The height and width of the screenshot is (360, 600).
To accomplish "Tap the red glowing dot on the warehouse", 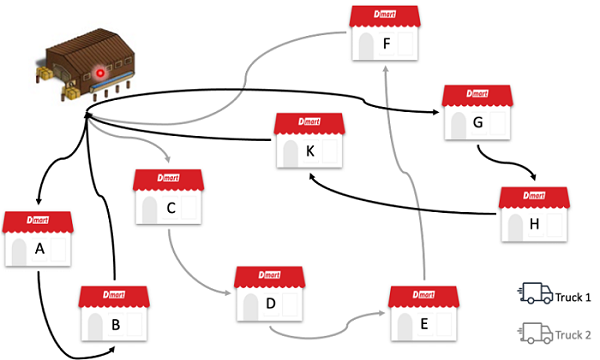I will point(100,73).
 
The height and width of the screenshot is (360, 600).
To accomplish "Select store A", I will point(39,239).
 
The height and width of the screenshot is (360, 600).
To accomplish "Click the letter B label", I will point(116,324).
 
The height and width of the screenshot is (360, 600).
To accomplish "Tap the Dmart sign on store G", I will point(477,95).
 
